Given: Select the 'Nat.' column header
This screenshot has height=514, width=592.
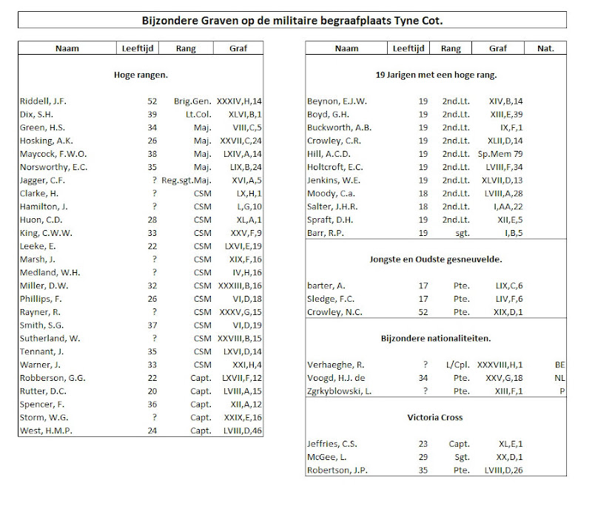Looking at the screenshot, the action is tap(545, 48).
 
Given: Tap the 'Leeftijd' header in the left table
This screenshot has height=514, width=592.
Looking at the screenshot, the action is tap(138, 48).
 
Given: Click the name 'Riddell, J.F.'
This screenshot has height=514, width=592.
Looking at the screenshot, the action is tap(43, 101).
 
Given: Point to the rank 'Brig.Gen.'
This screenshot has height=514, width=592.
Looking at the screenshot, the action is tap(192, 101).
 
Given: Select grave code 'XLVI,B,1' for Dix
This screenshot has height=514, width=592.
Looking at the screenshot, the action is tap(245, 115).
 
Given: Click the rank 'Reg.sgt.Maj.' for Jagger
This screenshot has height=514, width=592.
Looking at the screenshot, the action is tap(186, 180).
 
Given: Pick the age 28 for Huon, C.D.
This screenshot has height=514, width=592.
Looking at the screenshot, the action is tap(152, 220).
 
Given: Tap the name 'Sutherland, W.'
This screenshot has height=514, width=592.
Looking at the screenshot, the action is tap(50, 339).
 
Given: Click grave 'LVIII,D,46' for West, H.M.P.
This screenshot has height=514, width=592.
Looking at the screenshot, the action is tap(243, 430).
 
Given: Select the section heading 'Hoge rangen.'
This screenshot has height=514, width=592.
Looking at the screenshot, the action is tap(141, 75).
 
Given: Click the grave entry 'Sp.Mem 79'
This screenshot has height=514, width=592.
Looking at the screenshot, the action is tap(500, 154).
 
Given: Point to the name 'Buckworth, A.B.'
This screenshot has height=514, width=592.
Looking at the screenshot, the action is tap(340, 127).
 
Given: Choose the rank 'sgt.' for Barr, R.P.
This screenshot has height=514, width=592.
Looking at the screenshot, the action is tap(462, 233).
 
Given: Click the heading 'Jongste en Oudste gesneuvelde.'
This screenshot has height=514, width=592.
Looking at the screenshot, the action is tap(436, 260).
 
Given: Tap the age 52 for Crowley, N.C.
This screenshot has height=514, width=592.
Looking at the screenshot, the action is tap(423, 312).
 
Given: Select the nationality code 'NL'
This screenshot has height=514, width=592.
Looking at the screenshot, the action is tap(560, 378).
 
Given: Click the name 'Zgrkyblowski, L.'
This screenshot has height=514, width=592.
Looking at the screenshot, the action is tap(340, 391).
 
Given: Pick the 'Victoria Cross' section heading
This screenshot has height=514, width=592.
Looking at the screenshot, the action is tap(435, 417).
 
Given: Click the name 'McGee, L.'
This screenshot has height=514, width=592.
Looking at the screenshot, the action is tap(327, 457).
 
